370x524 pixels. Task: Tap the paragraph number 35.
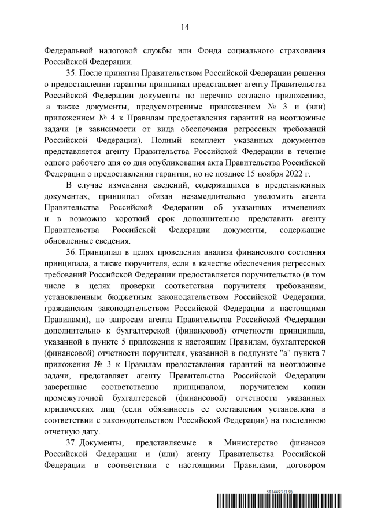(x=72, y=74)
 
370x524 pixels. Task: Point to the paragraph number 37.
(x=72, y=442)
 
